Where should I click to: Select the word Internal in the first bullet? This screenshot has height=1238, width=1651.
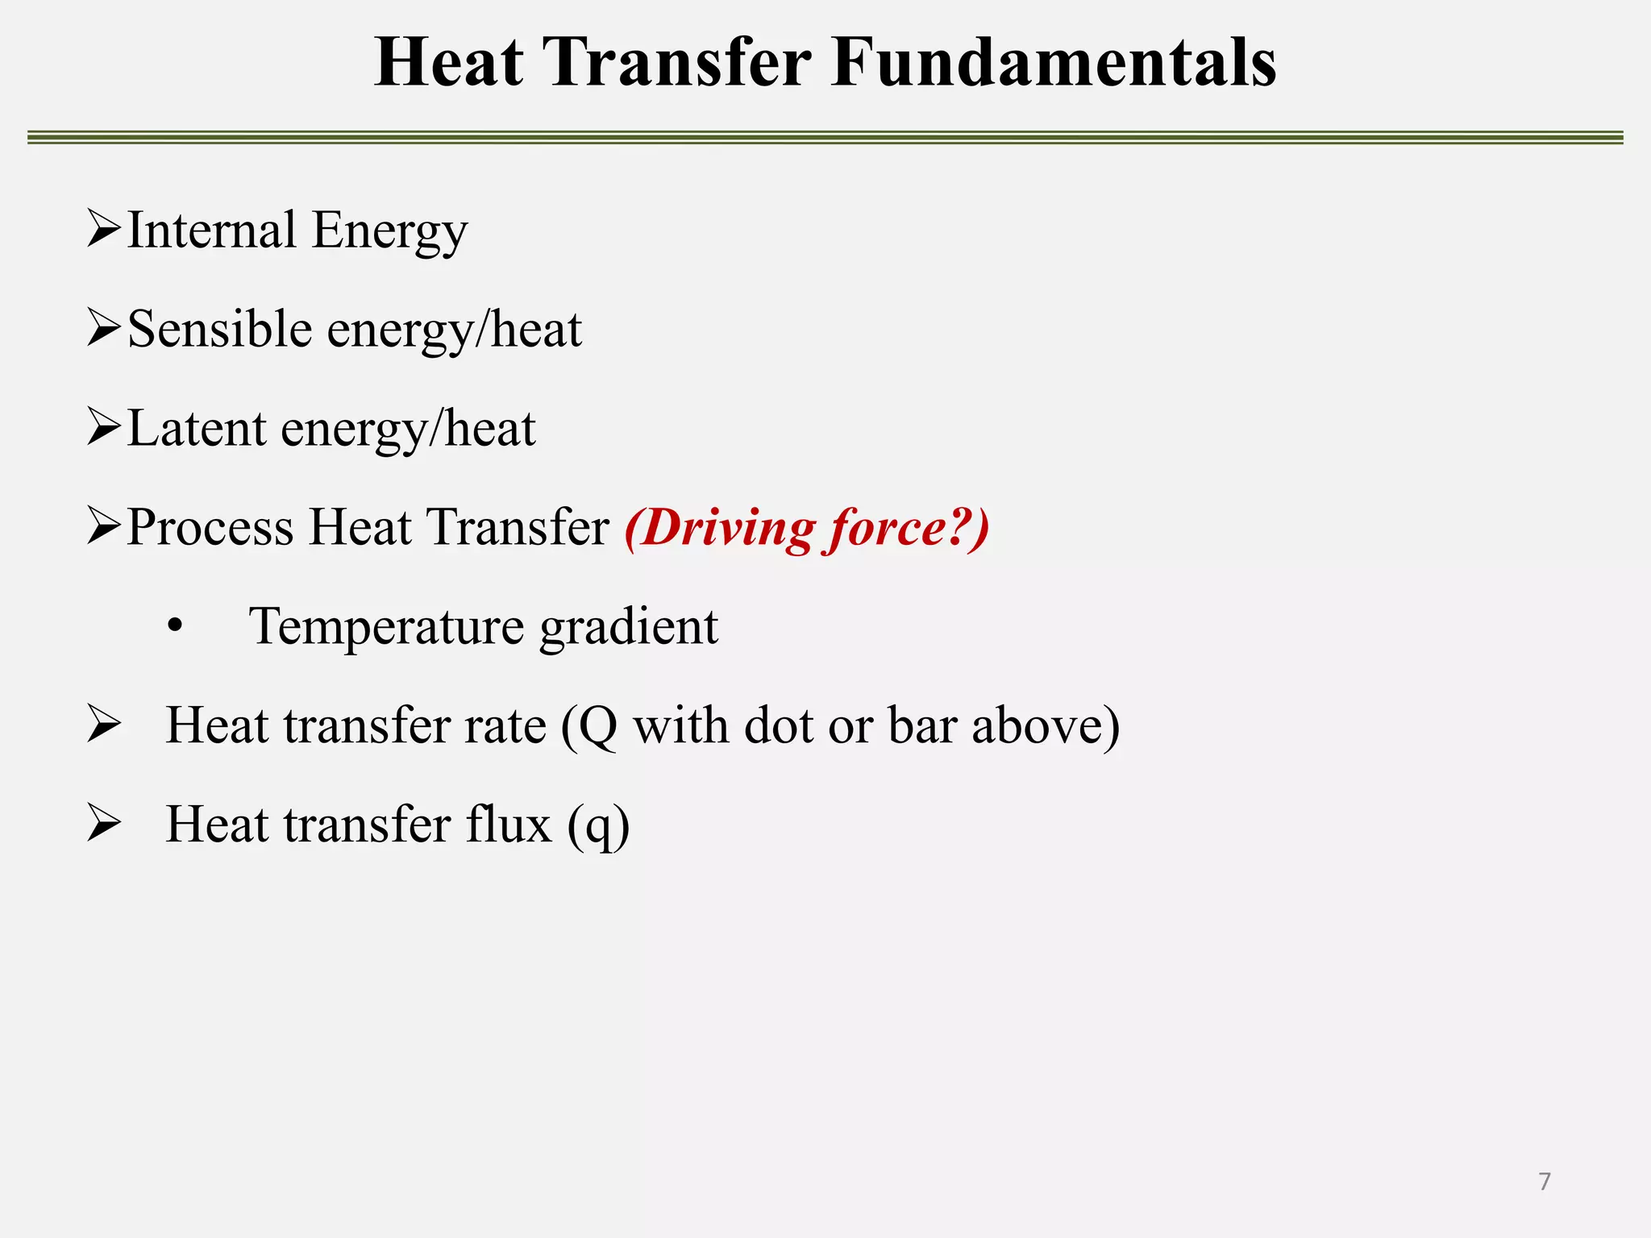coord(212,231)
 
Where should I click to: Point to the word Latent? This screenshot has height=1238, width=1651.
coord(197,429)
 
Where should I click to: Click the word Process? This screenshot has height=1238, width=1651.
coord(210,528)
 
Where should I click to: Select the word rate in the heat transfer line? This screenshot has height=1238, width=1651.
coord(505,725)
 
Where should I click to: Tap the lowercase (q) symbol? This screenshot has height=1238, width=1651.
coord(598,826)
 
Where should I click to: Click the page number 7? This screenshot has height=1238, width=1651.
coord(1544,1182)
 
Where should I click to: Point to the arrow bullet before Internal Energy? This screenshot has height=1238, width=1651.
coord(103,230)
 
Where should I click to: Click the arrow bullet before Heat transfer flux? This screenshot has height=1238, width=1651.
coord(103,824)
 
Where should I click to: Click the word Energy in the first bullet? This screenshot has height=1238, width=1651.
coord(389,232)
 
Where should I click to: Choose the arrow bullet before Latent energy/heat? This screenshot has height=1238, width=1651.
coord(103,428)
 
